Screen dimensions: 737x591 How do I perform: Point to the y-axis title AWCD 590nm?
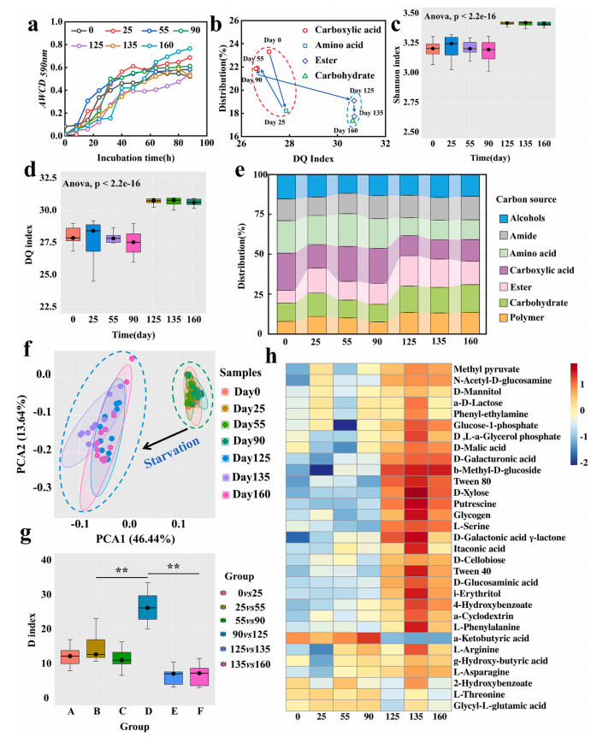pyautogui.click(x=13, y=83)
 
